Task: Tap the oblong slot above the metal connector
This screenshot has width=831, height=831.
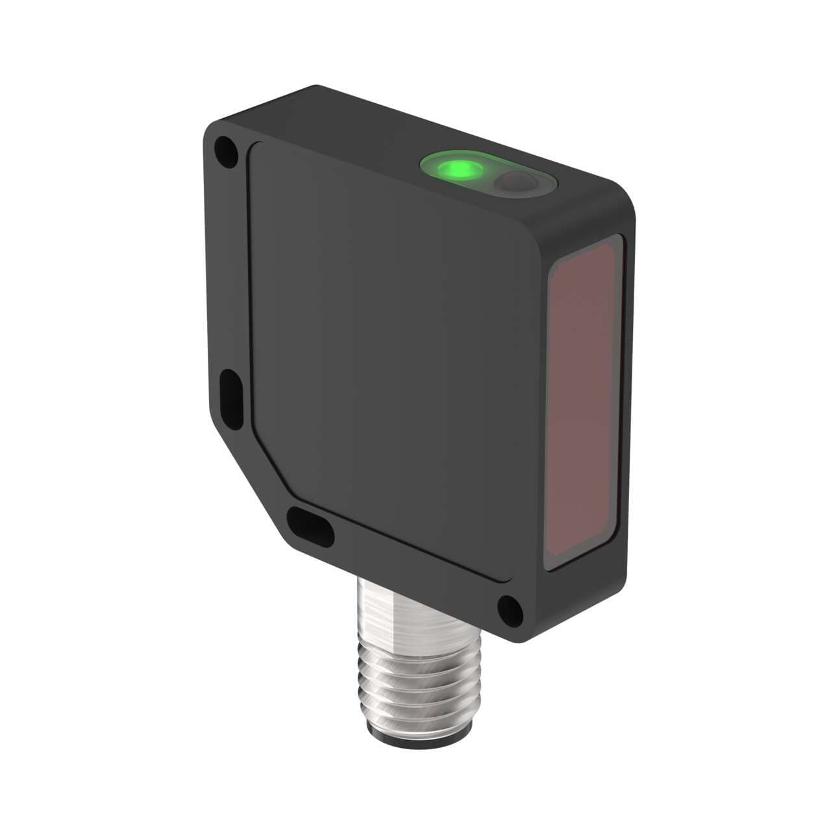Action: coord(310,525)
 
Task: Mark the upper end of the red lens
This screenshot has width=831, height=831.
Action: coord(588,250)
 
